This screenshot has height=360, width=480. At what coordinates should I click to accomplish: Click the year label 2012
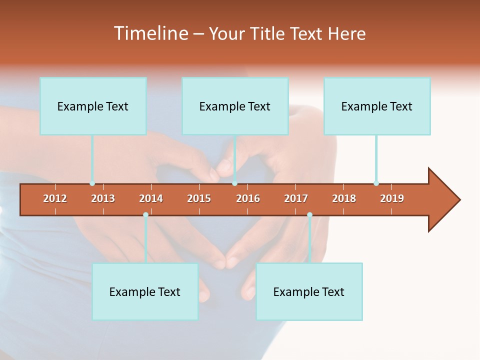tap(55, 198)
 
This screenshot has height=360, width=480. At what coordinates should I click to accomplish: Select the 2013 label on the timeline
tap(103, 198)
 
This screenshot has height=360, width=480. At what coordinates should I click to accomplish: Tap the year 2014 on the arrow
tap(151, 198)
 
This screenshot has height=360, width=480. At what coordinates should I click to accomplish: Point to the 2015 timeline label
tap(199, 198)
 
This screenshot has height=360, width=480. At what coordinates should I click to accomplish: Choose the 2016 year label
tap(248, 198)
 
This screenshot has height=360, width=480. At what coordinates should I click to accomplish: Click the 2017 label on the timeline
tap(296, 198)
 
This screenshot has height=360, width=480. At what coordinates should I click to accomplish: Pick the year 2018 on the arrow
tap(344, 198)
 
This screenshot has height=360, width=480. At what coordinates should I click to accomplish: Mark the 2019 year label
tap(392, 198)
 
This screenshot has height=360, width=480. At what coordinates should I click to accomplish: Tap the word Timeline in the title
tap(150, 33)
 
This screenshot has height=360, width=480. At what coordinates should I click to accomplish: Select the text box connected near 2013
tap(93, 106)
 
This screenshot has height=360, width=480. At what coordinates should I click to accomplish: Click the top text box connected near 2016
tap(235, 106)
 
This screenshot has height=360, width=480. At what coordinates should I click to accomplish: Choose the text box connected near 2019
tap(377, 106)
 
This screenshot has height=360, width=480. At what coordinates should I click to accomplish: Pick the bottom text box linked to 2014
tap(145, 291)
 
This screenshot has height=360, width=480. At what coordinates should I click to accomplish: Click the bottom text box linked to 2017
tap(309, 291)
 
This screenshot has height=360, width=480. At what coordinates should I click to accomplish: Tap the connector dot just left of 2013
tap(92, 183)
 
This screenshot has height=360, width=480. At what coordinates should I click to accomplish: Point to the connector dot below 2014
tap(145, 215)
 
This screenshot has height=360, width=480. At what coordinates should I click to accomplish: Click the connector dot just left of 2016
tap(234, 183)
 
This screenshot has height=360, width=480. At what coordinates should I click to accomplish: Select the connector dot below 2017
tap(309, 215)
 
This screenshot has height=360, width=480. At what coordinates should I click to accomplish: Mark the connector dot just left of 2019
tap(376, 183)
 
